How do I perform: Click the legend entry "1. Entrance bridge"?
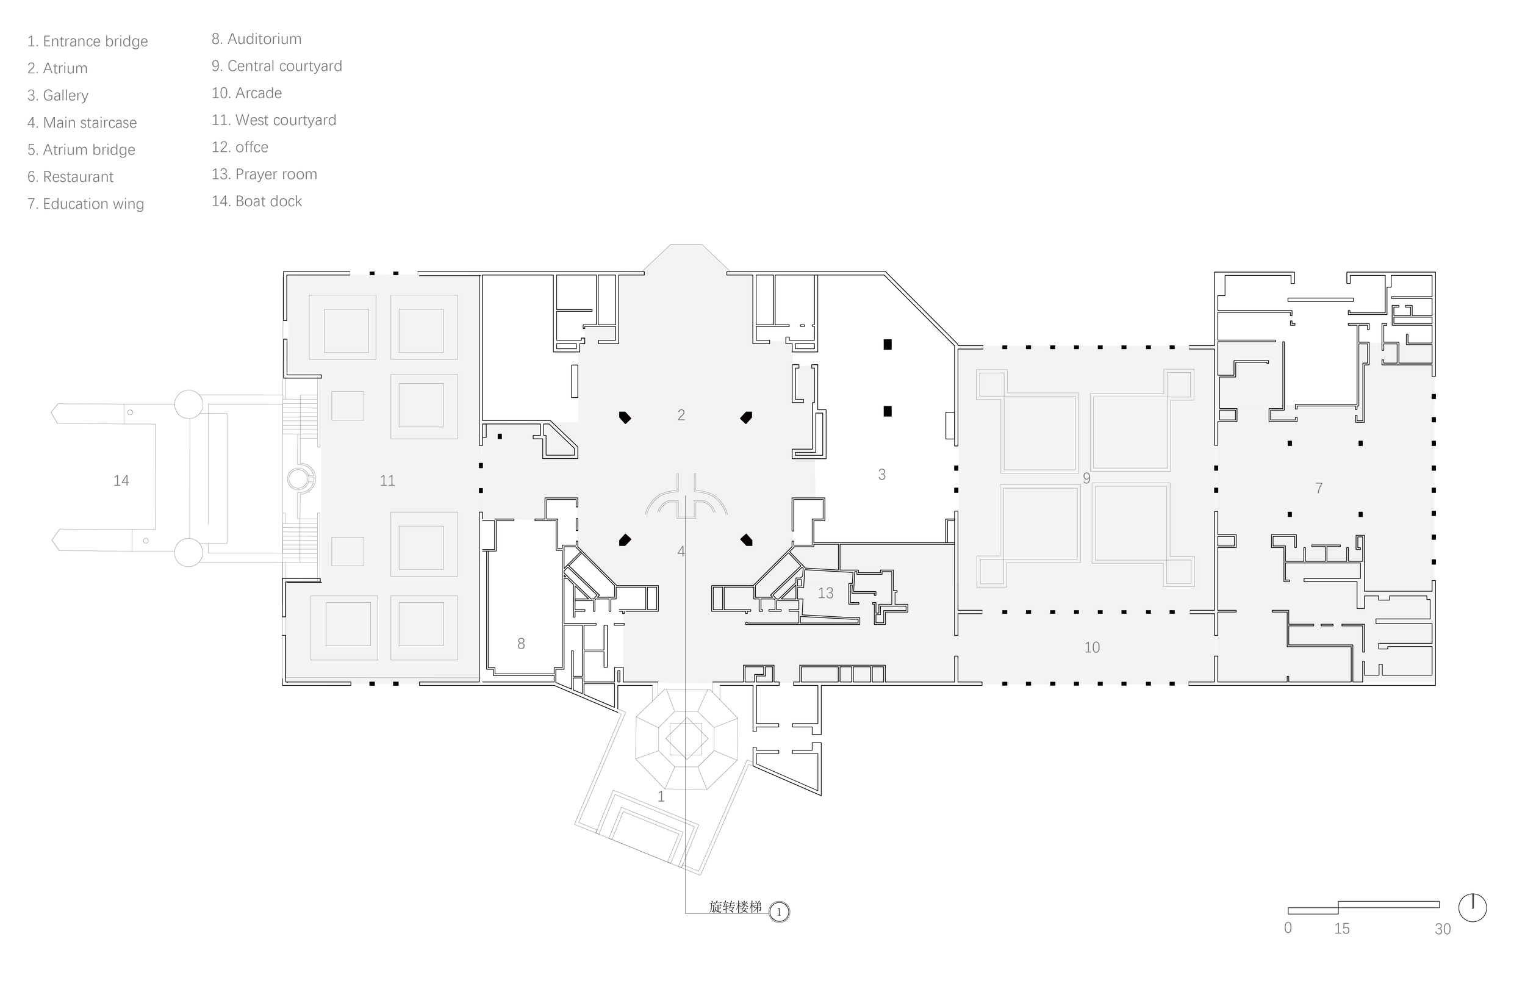(x=87, y=41)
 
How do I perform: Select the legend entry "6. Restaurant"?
(x=71, y=177)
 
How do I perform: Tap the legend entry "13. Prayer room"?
(x=264, y=174)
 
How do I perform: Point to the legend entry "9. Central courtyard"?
(x=277, y=66)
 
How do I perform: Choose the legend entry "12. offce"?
(x=240, y=148)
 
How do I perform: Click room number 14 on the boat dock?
(x=121, y=481)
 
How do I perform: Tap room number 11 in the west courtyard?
(x=387, y=481)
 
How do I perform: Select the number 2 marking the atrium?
(x=681, y=415)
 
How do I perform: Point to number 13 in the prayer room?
(x=825, y=594)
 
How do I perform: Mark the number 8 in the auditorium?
(x=521, y=644)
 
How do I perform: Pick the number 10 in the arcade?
(x=1092, y=647)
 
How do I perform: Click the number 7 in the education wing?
(x=1319, y=489)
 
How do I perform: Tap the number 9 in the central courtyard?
(x=1086, y=478)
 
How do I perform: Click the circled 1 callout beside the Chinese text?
(x=779, y=912)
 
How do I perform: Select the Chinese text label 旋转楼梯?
(x=736, y=907)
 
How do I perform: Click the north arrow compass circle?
(x=1473, y=908)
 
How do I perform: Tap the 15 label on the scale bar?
(x=1342, y=929)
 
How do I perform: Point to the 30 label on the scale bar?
(x=1442, y=929)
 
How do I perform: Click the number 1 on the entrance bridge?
(x=661, y=797)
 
